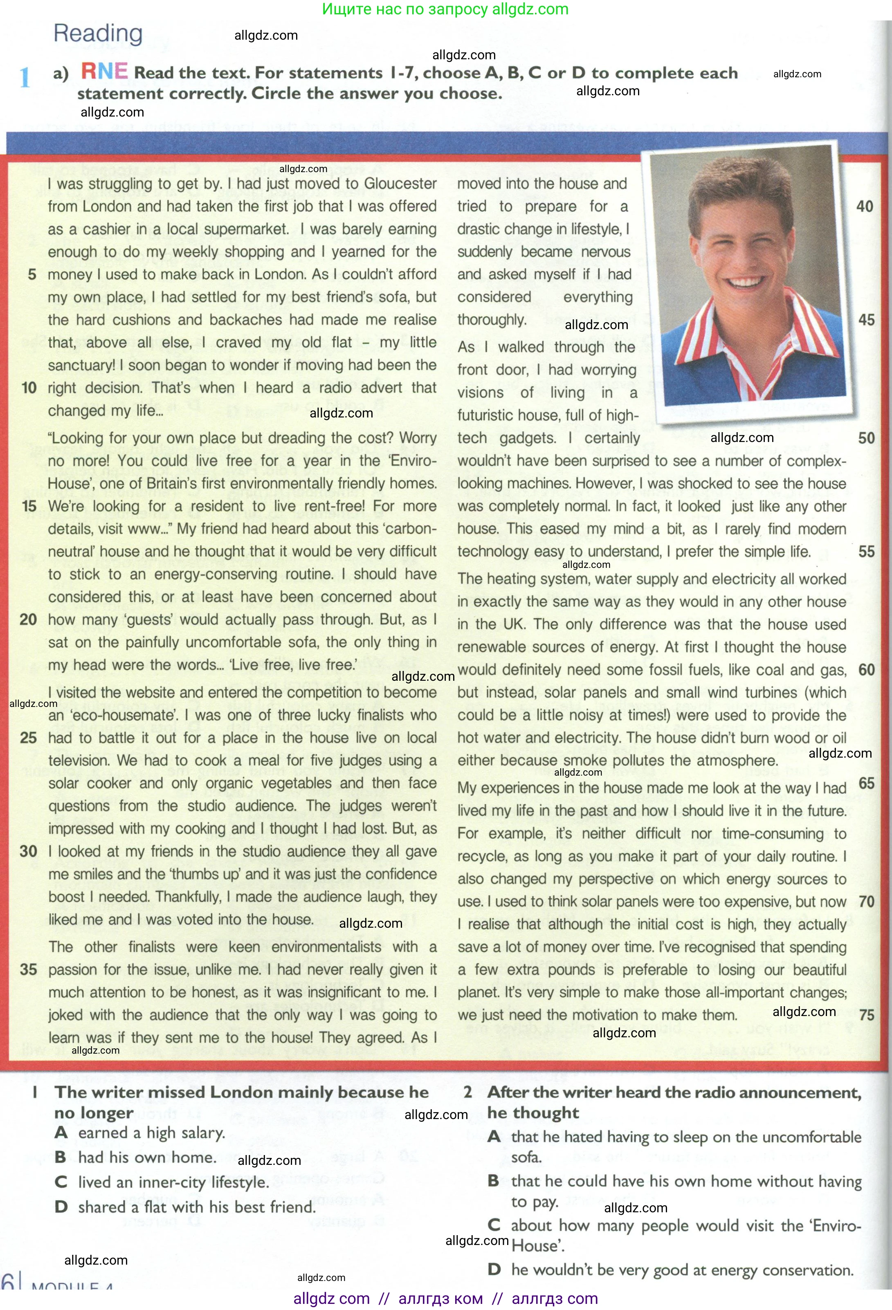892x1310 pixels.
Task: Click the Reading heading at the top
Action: [98, 34]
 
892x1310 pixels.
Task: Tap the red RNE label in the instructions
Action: [104, 72]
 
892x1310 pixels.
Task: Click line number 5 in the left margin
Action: [32, 274]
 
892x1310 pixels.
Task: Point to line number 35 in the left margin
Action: [28, 969]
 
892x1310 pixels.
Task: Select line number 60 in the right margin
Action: [866, 670]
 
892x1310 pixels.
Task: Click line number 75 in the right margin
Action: [867, 1015]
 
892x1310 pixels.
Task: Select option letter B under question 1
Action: [61, 1157]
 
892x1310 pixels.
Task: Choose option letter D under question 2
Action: [494, 1270]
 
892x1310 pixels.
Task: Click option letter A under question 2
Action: [494, 1137]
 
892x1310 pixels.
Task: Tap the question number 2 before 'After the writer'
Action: [467, 1092]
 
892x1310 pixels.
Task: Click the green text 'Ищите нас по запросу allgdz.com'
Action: [445, 9]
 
